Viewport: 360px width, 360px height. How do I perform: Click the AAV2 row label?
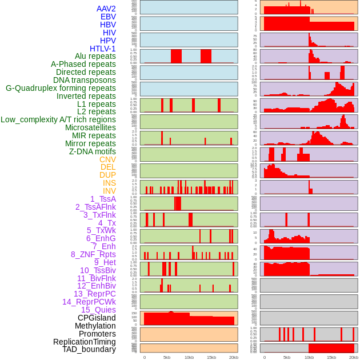(x=106, y=9)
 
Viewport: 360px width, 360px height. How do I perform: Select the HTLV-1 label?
(x=103, y=49)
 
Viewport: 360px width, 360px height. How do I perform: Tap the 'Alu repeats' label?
(x=95, y=56)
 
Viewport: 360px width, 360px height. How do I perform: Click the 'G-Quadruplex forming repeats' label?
(x=61, y=88)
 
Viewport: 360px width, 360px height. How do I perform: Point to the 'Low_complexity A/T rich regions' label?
(x=58, y=119)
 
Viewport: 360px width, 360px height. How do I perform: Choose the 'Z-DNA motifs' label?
(x=93, y=151)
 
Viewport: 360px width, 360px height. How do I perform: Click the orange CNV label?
(x=107, y=159)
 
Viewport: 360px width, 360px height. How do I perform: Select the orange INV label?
(x=109, y=191)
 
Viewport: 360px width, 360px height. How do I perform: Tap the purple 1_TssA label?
(x=103, y=199)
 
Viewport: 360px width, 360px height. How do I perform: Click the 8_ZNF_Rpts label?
(x=93, y=254)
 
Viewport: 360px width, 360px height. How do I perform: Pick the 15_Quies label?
(x=98, y=310)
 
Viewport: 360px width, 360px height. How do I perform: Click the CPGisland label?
(x=97, y=318)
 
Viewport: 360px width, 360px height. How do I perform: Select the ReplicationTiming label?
(x=85, y=342)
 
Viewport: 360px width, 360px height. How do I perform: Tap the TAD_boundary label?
(x=89, y=349)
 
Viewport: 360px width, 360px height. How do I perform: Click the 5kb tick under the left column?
(x=167, y=357)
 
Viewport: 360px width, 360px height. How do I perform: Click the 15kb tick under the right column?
(x=331, y=357)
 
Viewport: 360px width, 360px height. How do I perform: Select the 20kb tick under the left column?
(x=233, y=357)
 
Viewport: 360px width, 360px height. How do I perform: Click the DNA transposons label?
(x=85, y=80)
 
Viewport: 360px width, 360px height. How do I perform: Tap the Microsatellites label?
(x=90, y=127)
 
